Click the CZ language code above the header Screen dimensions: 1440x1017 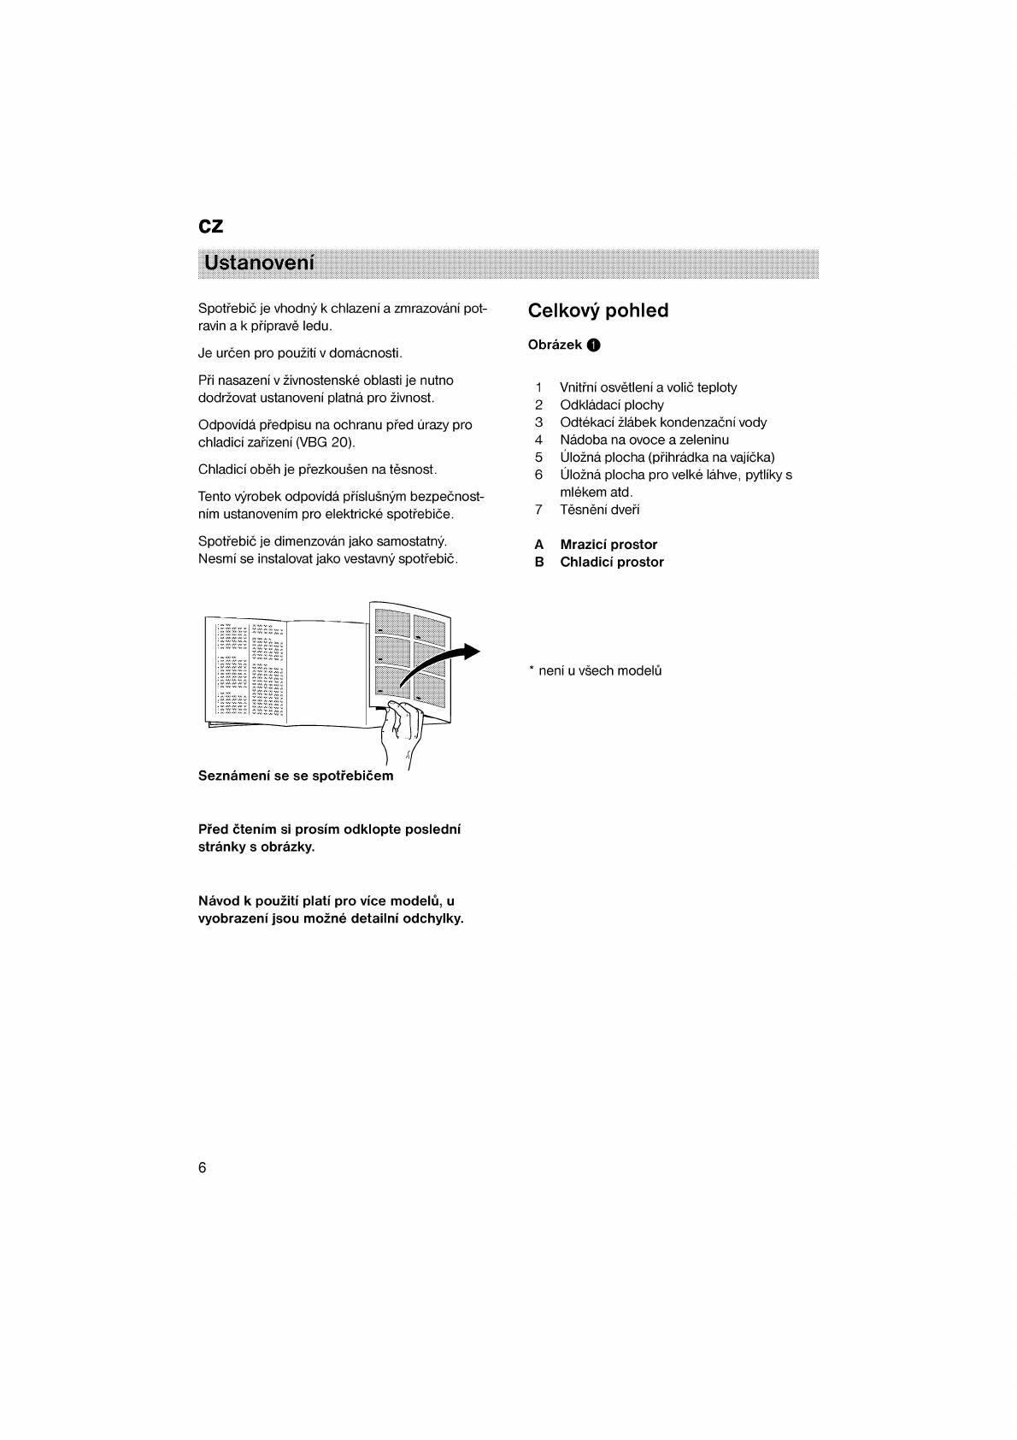210,226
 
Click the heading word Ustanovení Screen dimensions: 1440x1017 259,263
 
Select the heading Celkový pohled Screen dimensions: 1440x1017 597,310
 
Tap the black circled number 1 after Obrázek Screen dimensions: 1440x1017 594,345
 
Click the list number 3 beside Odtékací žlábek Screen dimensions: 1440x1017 538,422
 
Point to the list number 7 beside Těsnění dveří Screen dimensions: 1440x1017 538,510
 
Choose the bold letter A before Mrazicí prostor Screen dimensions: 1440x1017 538,545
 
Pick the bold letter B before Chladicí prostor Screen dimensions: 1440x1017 538,563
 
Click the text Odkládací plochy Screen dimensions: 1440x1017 611,405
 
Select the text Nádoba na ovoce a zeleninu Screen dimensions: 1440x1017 644,440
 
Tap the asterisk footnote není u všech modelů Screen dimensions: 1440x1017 596,671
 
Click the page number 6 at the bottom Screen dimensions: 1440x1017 202,1168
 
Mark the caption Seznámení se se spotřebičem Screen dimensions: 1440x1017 296,776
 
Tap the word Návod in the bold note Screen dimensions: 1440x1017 218,901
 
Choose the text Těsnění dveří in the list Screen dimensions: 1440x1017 599,510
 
